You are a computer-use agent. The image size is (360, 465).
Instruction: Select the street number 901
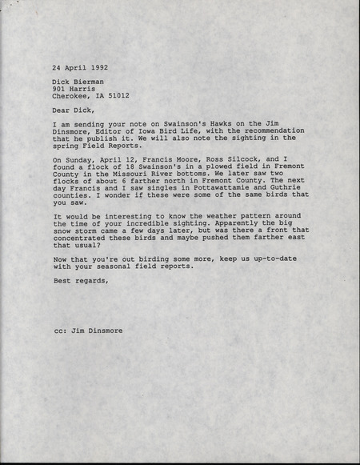(62, 91)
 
